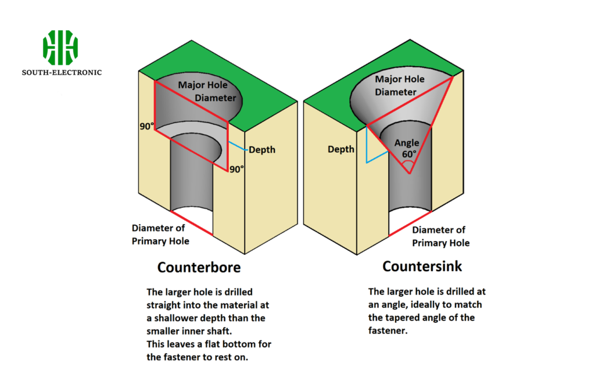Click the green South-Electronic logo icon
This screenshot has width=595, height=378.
click(x=60, y=48)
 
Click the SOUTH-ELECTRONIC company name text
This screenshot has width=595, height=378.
click(x=62, y=73)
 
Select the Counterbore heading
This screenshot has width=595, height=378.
click(x=199, y=268)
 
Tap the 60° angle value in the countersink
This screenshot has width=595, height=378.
click(x=410, y=154)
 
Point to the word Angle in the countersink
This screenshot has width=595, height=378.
click(x=407, y=143)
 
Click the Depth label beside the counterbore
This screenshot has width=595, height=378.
click(x=262, y=150)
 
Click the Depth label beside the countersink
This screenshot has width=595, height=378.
click(x=341, y=149)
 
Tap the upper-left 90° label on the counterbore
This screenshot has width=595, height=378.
click(x=146, y=126)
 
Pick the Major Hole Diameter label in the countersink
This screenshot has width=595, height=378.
click(x=399, y=85)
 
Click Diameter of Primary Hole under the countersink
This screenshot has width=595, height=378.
click(x=440, y=236)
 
